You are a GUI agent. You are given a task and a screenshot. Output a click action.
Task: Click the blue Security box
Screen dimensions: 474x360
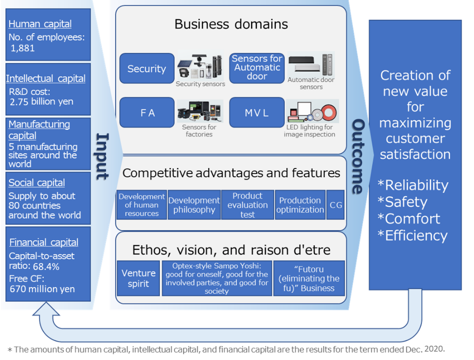click(147, 68)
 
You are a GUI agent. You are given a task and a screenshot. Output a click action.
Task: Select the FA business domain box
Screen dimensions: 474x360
click(147, 113)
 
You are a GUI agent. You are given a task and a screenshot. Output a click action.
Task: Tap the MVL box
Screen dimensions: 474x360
click(257, 113)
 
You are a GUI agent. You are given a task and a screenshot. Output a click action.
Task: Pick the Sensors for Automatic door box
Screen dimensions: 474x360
click(257, 68)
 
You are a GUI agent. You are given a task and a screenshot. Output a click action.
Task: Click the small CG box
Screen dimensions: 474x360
click(336, 205)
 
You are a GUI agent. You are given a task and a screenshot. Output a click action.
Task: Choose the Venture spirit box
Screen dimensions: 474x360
click(138, 278)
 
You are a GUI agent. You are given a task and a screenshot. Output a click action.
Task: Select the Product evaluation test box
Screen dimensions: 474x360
click(247, 205)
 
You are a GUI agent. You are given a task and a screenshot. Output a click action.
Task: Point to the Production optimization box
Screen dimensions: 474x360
click(300, 205)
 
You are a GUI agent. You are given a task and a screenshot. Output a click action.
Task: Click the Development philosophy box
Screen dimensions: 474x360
click(194, 205)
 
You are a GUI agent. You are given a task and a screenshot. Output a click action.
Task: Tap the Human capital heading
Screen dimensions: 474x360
click(40, 24)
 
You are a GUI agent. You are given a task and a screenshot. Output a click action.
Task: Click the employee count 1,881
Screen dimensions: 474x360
click(23, 48)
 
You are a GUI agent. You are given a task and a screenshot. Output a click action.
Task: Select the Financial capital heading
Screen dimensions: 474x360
click(44, 242)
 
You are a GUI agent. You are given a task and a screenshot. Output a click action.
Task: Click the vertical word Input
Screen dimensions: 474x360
click(102, 156)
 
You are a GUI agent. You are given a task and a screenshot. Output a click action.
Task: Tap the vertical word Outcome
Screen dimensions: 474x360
click(358, 156)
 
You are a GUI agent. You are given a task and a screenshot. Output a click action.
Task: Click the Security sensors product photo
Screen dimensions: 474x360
click(200, 66)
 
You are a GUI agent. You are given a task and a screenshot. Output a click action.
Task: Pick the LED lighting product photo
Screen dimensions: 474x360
click(312, 111)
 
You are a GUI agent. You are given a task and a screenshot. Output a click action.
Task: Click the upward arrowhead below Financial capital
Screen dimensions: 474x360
click(46, 309)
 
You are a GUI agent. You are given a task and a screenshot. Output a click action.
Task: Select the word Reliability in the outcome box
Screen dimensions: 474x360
click(413, 185)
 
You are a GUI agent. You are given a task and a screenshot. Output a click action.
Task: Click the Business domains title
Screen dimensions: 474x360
click(231, 24)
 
